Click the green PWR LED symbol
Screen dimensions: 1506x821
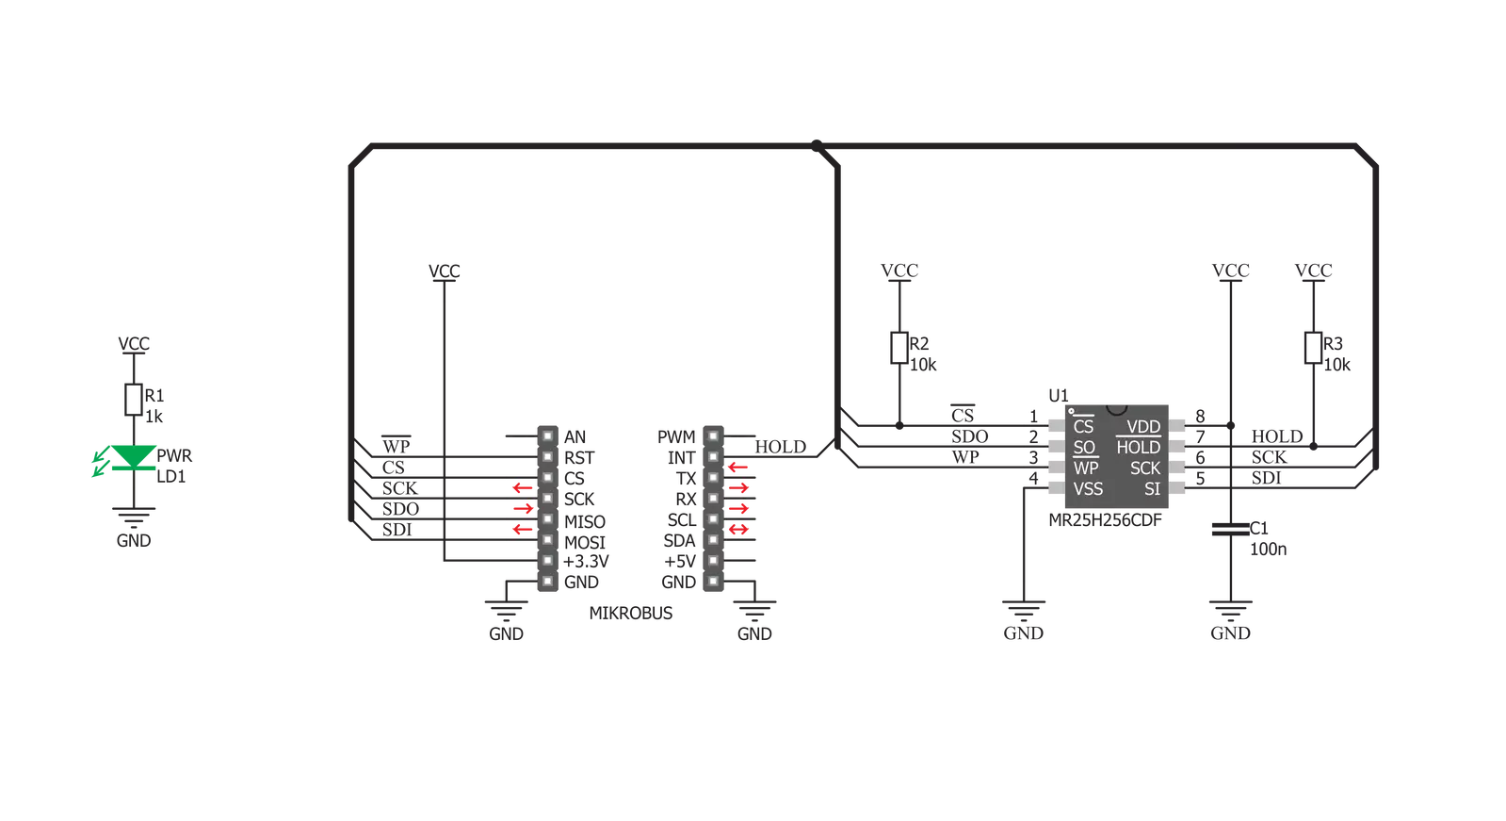click(133, 457)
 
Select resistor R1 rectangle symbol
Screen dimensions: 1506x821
click(133, 400)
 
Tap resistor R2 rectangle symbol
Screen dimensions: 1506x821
click(899, 348)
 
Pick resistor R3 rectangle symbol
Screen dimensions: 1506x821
click(1313, 348)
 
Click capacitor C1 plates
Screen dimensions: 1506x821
click(1230, 530)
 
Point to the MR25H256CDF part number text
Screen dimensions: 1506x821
click(1105, 520)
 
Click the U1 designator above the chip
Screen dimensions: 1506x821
click(1059, 395)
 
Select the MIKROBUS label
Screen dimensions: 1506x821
click(631, 613)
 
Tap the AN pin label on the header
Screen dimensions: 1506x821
click(575, 436)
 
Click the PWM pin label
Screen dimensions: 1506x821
click(676, 436)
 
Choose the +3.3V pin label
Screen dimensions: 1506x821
click(586, 561)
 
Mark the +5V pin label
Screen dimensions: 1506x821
click(680, 561)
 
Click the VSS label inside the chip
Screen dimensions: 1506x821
click(1088, 489)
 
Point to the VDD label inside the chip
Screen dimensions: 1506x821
click(1143, 427)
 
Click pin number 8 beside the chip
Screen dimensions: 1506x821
click(1200, 417)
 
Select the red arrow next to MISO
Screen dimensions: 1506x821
click(523, 509)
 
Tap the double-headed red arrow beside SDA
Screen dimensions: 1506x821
click(738, 530)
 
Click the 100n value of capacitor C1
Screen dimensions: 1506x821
click(1268, 550)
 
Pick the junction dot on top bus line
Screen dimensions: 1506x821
click(817, 145)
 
